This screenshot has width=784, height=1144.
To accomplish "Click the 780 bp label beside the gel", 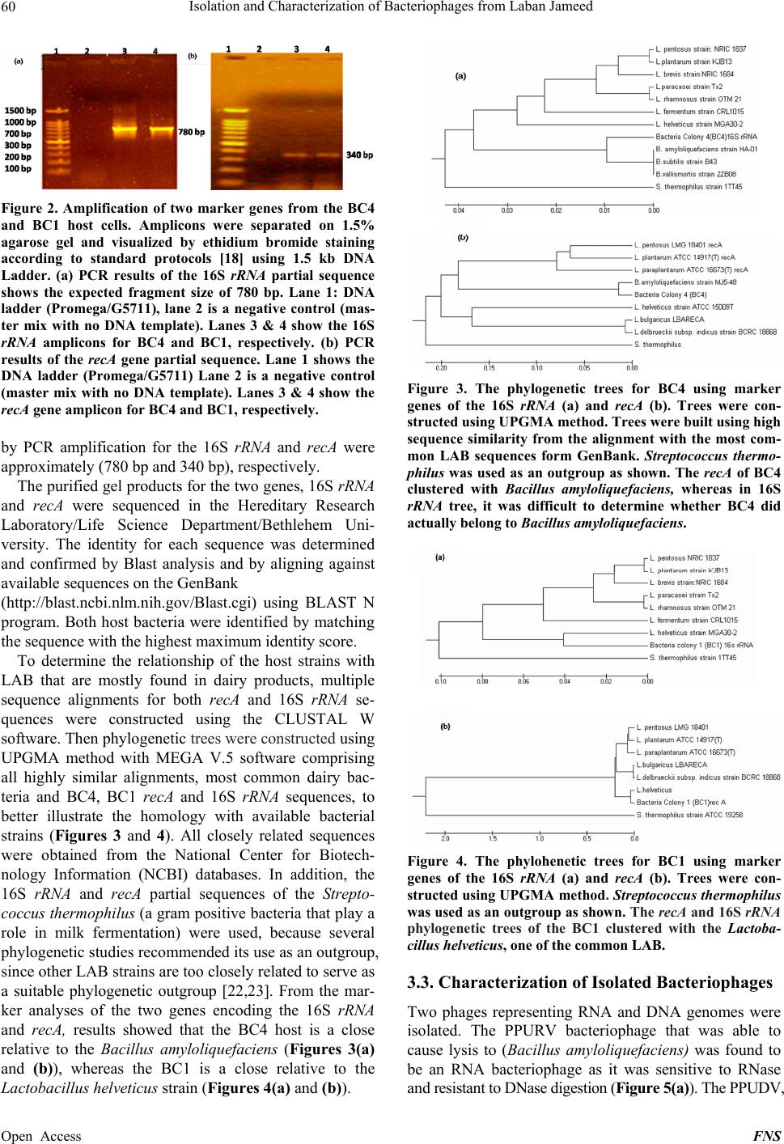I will point(191,132).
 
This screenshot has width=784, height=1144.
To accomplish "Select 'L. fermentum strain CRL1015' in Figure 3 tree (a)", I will point(699,112).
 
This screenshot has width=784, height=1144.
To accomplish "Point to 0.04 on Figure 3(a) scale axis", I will point(459,211).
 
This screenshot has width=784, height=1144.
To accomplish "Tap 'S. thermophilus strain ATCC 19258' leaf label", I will point(689,815).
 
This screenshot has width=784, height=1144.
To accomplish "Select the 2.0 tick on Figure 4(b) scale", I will point(444,838).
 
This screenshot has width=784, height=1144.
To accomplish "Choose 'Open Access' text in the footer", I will point(42,1136).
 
